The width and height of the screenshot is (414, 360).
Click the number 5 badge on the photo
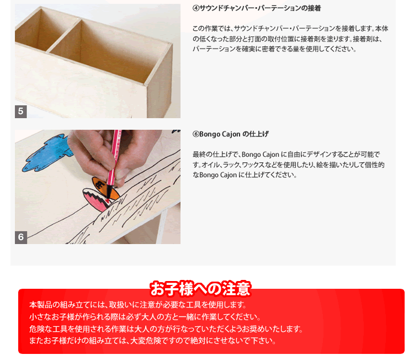(21, 112)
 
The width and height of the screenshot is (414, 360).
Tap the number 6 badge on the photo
(21, 237)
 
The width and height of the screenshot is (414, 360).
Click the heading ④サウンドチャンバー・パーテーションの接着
(257, 8)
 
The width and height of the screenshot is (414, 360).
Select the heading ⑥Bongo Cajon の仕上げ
(231, 134)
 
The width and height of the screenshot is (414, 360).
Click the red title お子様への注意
(200, 288)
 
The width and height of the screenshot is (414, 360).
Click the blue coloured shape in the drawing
(47, 152)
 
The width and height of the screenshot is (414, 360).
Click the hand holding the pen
(111, 156)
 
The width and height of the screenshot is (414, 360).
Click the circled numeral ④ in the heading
(195, 8)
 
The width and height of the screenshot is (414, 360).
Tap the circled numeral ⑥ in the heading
(195, 134)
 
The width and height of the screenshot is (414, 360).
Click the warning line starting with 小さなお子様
(145, 317)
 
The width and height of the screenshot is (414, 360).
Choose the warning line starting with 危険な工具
(166, 329)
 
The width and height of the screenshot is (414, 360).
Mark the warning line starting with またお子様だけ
(152, 341)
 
